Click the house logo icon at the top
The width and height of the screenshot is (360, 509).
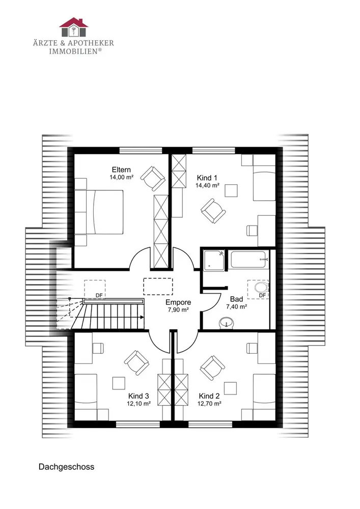[73, 27]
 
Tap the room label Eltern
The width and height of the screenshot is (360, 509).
[121, 169]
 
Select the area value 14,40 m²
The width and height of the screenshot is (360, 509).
[207, 185]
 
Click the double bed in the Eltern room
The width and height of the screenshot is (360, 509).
[99, 212]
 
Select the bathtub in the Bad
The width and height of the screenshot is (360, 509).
[250, 259]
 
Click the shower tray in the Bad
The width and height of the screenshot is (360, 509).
[214, 260]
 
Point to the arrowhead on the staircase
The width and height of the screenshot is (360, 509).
[142, 317]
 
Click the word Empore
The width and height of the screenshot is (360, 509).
[178, 302]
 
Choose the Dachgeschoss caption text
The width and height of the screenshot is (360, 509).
[66, 467]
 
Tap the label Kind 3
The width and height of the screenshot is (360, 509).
[139, 396]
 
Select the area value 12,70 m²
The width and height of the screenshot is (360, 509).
[209, 404]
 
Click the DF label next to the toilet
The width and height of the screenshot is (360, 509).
[262, 295]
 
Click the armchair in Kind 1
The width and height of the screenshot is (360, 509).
[213, 211]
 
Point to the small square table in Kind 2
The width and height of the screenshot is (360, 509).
[230, 388]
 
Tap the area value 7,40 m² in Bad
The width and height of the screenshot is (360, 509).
[236, 306]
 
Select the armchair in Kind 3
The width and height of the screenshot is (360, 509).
[136, 362]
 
